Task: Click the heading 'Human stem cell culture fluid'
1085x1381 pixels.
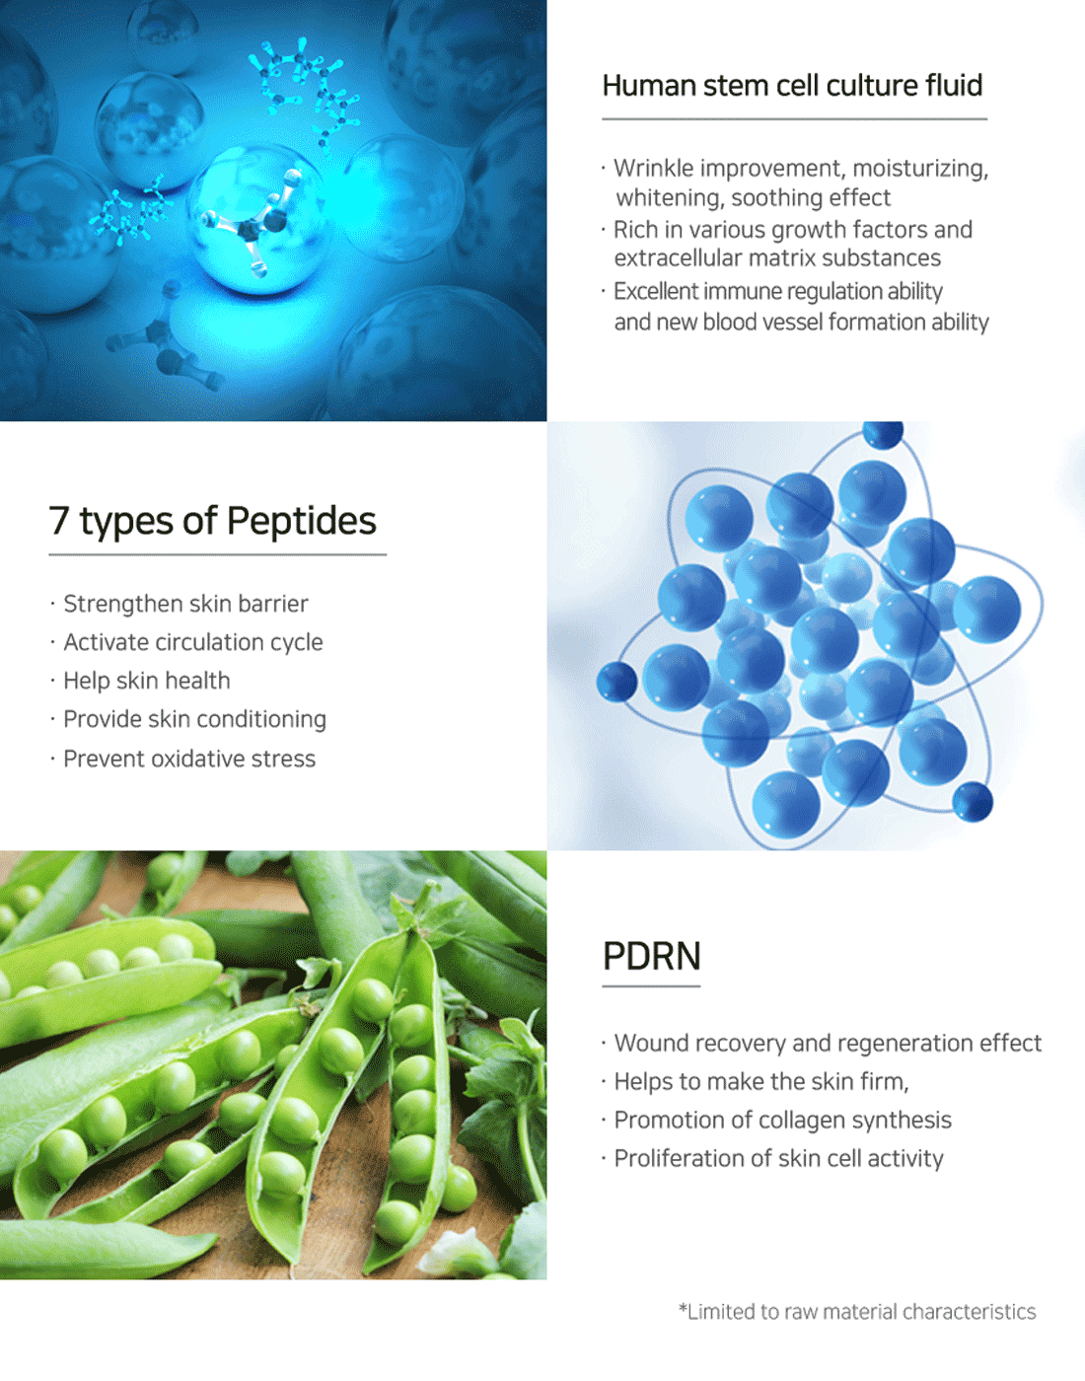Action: pos(792,85)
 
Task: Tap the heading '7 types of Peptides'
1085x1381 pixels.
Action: pos(212,521)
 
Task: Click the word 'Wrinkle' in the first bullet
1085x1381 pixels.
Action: pos(653,168)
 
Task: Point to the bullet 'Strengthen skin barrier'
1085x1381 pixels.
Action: pos(185,604)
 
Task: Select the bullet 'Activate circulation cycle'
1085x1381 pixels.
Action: pos(193,642)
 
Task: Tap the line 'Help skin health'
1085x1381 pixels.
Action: pos(147,681)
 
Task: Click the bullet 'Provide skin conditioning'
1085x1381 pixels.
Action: pos(194,719)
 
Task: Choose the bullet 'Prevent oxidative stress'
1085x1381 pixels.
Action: pos(189,759)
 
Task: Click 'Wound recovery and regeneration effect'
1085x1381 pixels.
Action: pos(828,1043)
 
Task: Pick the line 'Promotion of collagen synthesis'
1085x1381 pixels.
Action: pos(782,1120)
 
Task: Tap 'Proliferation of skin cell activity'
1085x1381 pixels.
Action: pos(778,1159)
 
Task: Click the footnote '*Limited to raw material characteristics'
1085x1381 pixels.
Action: pos(857,1311)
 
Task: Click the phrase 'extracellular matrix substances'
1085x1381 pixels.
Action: pos(777,258)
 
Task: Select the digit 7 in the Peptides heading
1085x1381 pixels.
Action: pos(59,520)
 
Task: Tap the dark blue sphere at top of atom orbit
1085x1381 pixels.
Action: pos(883,435)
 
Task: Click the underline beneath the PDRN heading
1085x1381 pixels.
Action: pos(651,986)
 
